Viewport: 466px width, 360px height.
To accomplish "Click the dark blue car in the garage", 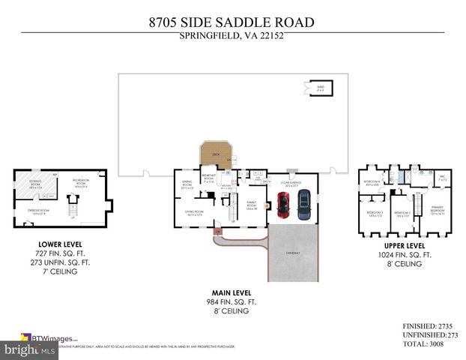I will pyautogui.click(x=303, y=204).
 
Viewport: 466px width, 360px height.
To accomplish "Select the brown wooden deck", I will pyautogui.click(x=214, y=155).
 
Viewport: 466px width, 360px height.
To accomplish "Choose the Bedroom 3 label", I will pyautogui.click(x=374, y=214).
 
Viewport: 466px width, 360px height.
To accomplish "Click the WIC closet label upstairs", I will pyautogui.click(x=442, y=179).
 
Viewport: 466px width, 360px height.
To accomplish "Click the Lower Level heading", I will pyautogui.click(x=59, y=244).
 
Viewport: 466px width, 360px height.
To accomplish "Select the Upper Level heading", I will pyautogui.click(x=405, y=245).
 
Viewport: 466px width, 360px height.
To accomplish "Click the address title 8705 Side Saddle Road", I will pyautogui.click(x=232, y=23).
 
